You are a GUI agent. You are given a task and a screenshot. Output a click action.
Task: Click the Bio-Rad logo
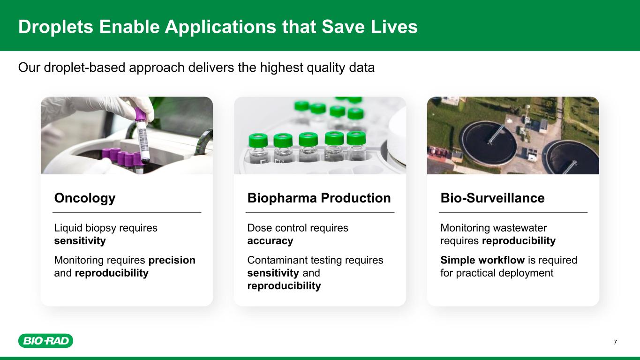point(46,341)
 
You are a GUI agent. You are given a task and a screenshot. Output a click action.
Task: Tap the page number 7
point(615,342)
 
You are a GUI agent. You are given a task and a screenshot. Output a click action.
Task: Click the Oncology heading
point(85,198)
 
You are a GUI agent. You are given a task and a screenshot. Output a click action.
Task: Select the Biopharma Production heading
point(319,198)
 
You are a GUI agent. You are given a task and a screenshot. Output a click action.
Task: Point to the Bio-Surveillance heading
point(493,198)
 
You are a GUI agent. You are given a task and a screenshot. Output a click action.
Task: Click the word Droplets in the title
point(56,27)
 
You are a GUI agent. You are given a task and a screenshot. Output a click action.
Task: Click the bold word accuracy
point(270,241)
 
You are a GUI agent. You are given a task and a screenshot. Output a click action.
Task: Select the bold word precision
point(172,260)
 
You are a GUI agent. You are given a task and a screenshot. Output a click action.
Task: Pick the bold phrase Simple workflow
point(482,260)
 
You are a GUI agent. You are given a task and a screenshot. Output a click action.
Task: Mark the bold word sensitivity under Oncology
point(80,241)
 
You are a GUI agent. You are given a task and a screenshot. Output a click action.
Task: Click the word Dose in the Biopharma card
point(258,228)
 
